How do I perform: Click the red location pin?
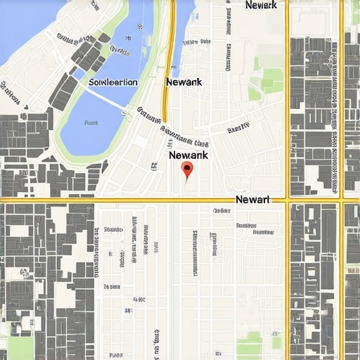[186, 169]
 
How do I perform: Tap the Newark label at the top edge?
[262, 5]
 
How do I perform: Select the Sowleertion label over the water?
[113, 82]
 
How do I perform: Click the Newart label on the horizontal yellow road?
[253, 200]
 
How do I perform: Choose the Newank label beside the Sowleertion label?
[184, 82]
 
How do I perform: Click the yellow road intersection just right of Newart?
[287, 200]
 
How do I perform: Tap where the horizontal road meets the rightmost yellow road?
[342, 200]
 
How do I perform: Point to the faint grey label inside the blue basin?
[91, 122]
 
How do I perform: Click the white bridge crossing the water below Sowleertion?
[105, 99]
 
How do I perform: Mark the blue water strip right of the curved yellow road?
[184, 28]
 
